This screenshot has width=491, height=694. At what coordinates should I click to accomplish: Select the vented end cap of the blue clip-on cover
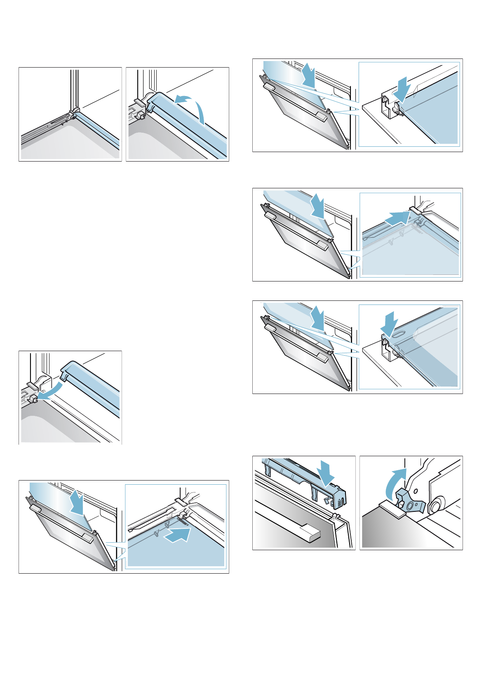(339, 499)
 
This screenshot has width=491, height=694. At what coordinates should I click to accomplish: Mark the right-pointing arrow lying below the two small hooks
(177, 535)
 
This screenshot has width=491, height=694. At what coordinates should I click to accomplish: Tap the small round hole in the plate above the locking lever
(416, 491)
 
